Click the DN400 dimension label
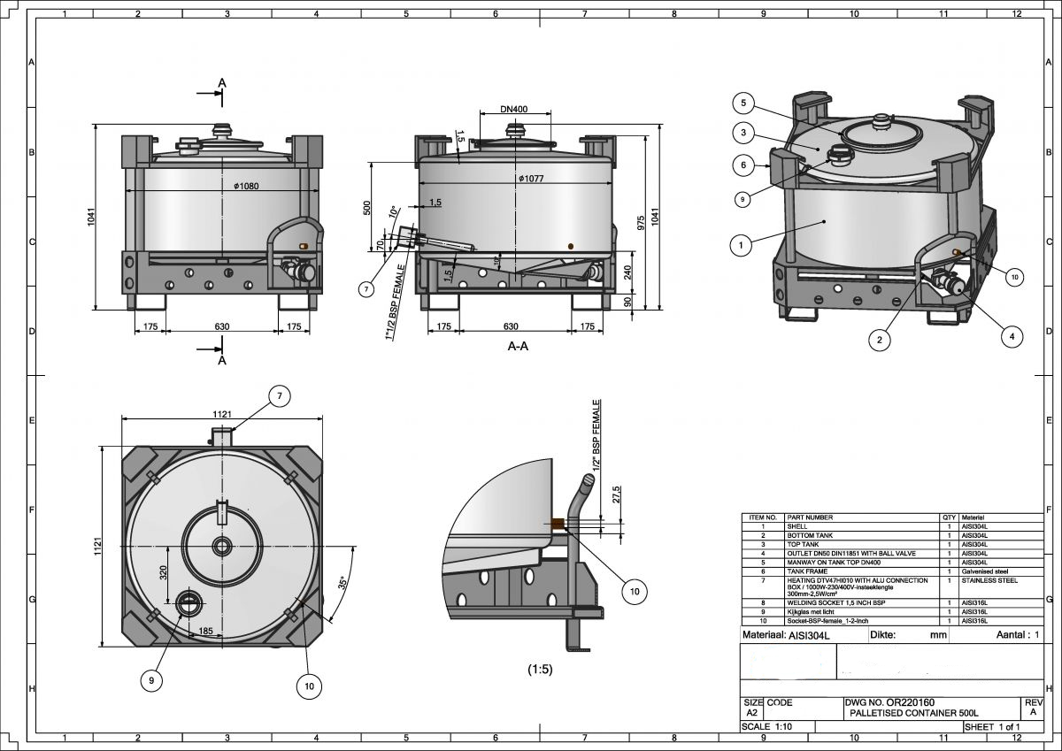pyautogui.click(x=513, y=110)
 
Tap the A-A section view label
pyautogui.click(x=518, y=347)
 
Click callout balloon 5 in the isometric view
pyautogui.click(x=744, y=103)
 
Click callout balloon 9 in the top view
pyautogui.click(x=152, y=679)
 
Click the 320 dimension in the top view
pyautogui.click(x=163, y=572)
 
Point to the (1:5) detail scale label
pyautogui.click(x=539, y=670)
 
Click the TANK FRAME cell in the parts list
pyautogui.click(x=805, y=571)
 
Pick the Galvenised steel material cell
pyautogui.click(x=983, y=571)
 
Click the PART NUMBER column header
pyautogui.click(x=810, y=517)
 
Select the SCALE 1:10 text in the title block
pyautogui.click(x=767, y=726)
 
